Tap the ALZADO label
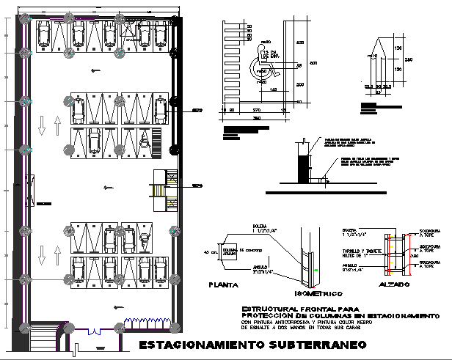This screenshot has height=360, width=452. click(395, 285)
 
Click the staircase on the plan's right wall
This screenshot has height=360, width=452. click(163, 185)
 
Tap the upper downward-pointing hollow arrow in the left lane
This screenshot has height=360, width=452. click(41, 125)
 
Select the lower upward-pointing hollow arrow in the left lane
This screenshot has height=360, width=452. click(41, 254)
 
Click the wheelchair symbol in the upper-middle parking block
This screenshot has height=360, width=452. click(144, 140)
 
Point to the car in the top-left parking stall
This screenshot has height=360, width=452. click(43, 32)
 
